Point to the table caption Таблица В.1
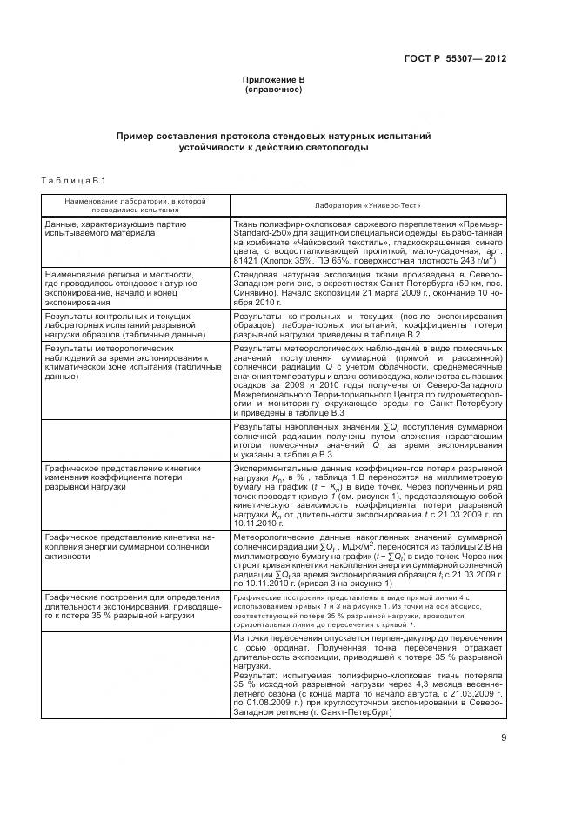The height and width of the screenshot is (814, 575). point(73,180)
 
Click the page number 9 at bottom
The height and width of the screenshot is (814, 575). point(503,739)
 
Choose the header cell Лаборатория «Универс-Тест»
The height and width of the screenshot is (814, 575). point(369,207)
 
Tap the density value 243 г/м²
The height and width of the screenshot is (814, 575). point(473,259)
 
